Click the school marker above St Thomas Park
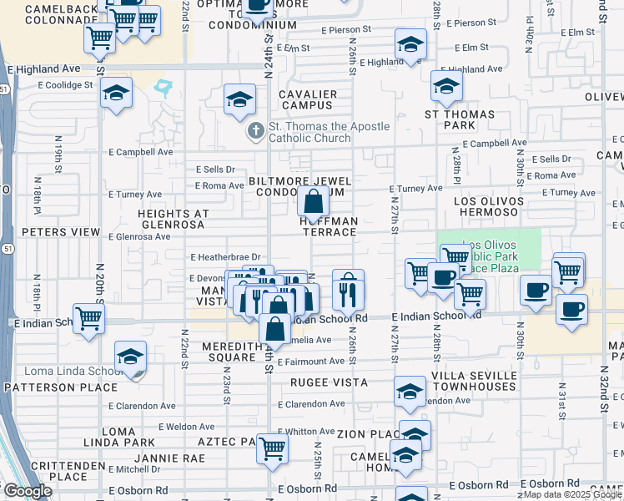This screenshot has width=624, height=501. pos(446,86)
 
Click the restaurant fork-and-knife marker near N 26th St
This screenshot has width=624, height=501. pos(348,289)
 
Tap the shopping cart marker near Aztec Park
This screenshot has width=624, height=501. pos(272,448)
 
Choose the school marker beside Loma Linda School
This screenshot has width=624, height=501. pos(129,357)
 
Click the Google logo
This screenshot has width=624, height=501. pos(28,491)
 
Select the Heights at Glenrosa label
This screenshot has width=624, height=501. pos(173,220)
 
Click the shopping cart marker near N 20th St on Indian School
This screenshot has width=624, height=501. pos(89,317)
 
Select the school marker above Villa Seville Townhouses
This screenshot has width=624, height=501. pos(410,392)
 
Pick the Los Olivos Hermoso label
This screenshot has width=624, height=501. pos(488,208)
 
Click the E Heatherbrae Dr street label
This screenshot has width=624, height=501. pos(225,258)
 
